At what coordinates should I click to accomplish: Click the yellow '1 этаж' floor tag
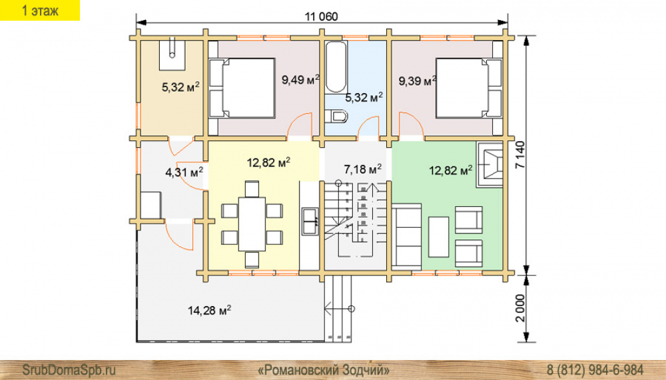[40, 10]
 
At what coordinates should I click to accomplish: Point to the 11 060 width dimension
[322, 17]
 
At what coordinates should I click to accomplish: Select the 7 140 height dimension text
[521, 155]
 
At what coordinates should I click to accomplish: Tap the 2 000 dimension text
[521, 308]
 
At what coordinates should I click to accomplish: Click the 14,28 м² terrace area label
[209, 310]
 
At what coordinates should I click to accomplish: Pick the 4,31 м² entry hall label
[184, 172]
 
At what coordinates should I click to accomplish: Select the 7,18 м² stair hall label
[362, 169]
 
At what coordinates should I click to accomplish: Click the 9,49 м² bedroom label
[300, 79]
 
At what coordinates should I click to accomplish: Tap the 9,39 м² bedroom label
[417, 81]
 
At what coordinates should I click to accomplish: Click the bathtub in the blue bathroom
[336, 67]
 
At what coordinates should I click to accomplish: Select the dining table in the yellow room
[252, 224]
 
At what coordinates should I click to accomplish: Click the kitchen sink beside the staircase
[310, 221]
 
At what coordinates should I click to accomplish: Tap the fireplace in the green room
[490, 165]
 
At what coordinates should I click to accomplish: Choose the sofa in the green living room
[406, 237]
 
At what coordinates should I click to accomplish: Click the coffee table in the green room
[438, 237]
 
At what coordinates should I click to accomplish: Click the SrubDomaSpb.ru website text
[69, 369]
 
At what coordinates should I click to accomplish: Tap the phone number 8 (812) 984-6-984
[595, 369]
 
